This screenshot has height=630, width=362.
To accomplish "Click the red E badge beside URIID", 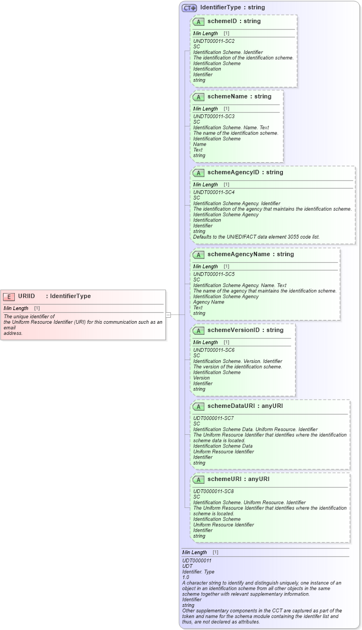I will [x=9, y=296].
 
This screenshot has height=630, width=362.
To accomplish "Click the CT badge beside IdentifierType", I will [x=189, y=8].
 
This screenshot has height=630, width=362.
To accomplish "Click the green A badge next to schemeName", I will [x=198, y=97].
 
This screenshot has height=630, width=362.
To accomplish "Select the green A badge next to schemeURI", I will [x=198, y=479].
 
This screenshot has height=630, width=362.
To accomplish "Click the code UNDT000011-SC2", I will [x=214, y=41].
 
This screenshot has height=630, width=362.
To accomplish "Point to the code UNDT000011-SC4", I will [x=214, y=192].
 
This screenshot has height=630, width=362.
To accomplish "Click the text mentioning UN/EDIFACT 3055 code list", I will [x=256, y=237].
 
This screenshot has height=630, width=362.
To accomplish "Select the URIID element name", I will [x=26, y=296].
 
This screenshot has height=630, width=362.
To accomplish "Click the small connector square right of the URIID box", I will [x=169, y=315].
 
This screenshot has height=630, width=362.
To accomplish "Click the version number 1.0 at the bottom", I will [x=186, y=577].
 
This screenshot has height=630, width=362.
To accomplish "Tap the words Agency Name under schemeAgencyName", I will [x=209, y=302].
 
